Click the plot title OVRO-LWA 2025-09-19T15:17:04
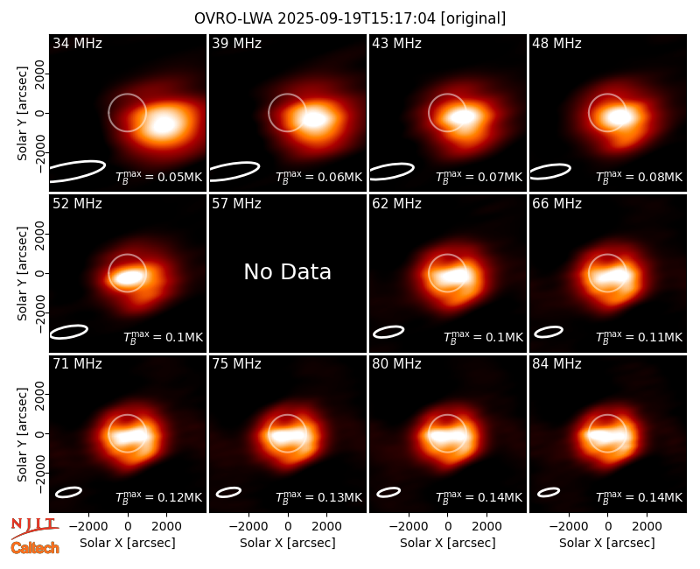click(x=315, y=18)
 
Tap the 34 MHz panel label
click(x=77, y=43)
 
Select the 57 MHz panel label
click(x=236, y=204)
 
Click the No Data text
click(x=288, y=271)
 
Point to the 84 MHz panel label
click(x=556, y=364)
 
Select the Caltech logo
click(x=35, y=548)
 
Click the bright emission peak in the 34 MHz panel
click(x=163, y=124)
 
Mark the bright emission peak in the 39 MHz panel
click(x=314, y=119)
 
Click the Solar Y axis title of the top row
click(x=22, y=114)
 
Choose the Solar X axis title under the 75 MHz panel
click(x=288, y=543)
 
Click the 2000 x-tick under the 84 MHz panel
click(x=647, y=526)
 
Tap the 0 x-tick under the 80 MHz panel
click(x=448, y=526)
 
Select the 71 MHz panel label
click(x=77, y=364)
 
